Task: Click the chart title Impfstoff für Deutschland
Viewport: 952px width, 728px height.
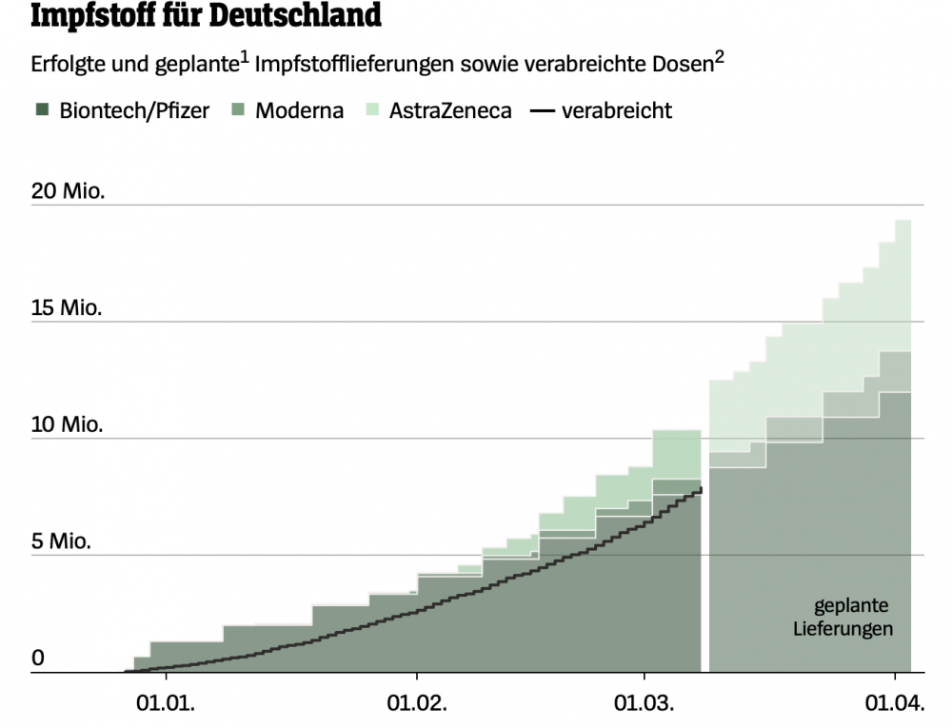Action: click(x=207, y=16)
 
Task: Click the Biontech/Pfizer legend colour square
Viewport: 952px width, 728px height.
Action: click(x=41, y=110)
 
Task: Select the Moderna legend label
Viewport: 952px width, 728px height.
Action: click(x=300, y=110)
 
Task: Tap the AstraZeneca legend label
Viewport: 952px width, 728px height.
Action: click(x=450, y=110)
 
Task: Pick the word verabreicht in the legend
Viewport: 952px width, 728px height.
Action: click(x=617, y=110)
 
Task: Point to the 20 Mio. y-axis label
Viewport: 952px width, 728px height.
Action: click(x=68, y=190)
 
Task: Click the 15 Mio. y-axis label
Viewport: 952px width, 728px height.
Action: click(x=68, y=308)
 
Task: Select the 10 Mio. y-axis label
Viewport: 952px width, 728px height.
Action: click(x=68, y=424)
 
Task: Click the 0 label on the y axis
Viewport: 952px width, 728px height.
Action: click(x=38, y=659)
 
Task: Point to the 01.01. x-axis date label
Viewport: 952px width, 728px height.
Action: click(x=167, y=704)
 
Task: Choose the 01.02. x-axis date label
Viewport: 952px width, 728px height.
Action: click(x=416, y=704)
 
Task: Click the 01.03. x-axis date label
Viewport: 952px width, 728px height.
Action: click(x=645, y=704)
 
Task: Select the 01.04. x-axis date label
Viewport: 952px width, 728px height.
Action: click(x=895, y=704)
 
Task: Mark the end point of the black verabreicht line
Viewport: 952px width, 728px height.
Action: click(x=703, y=488)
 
